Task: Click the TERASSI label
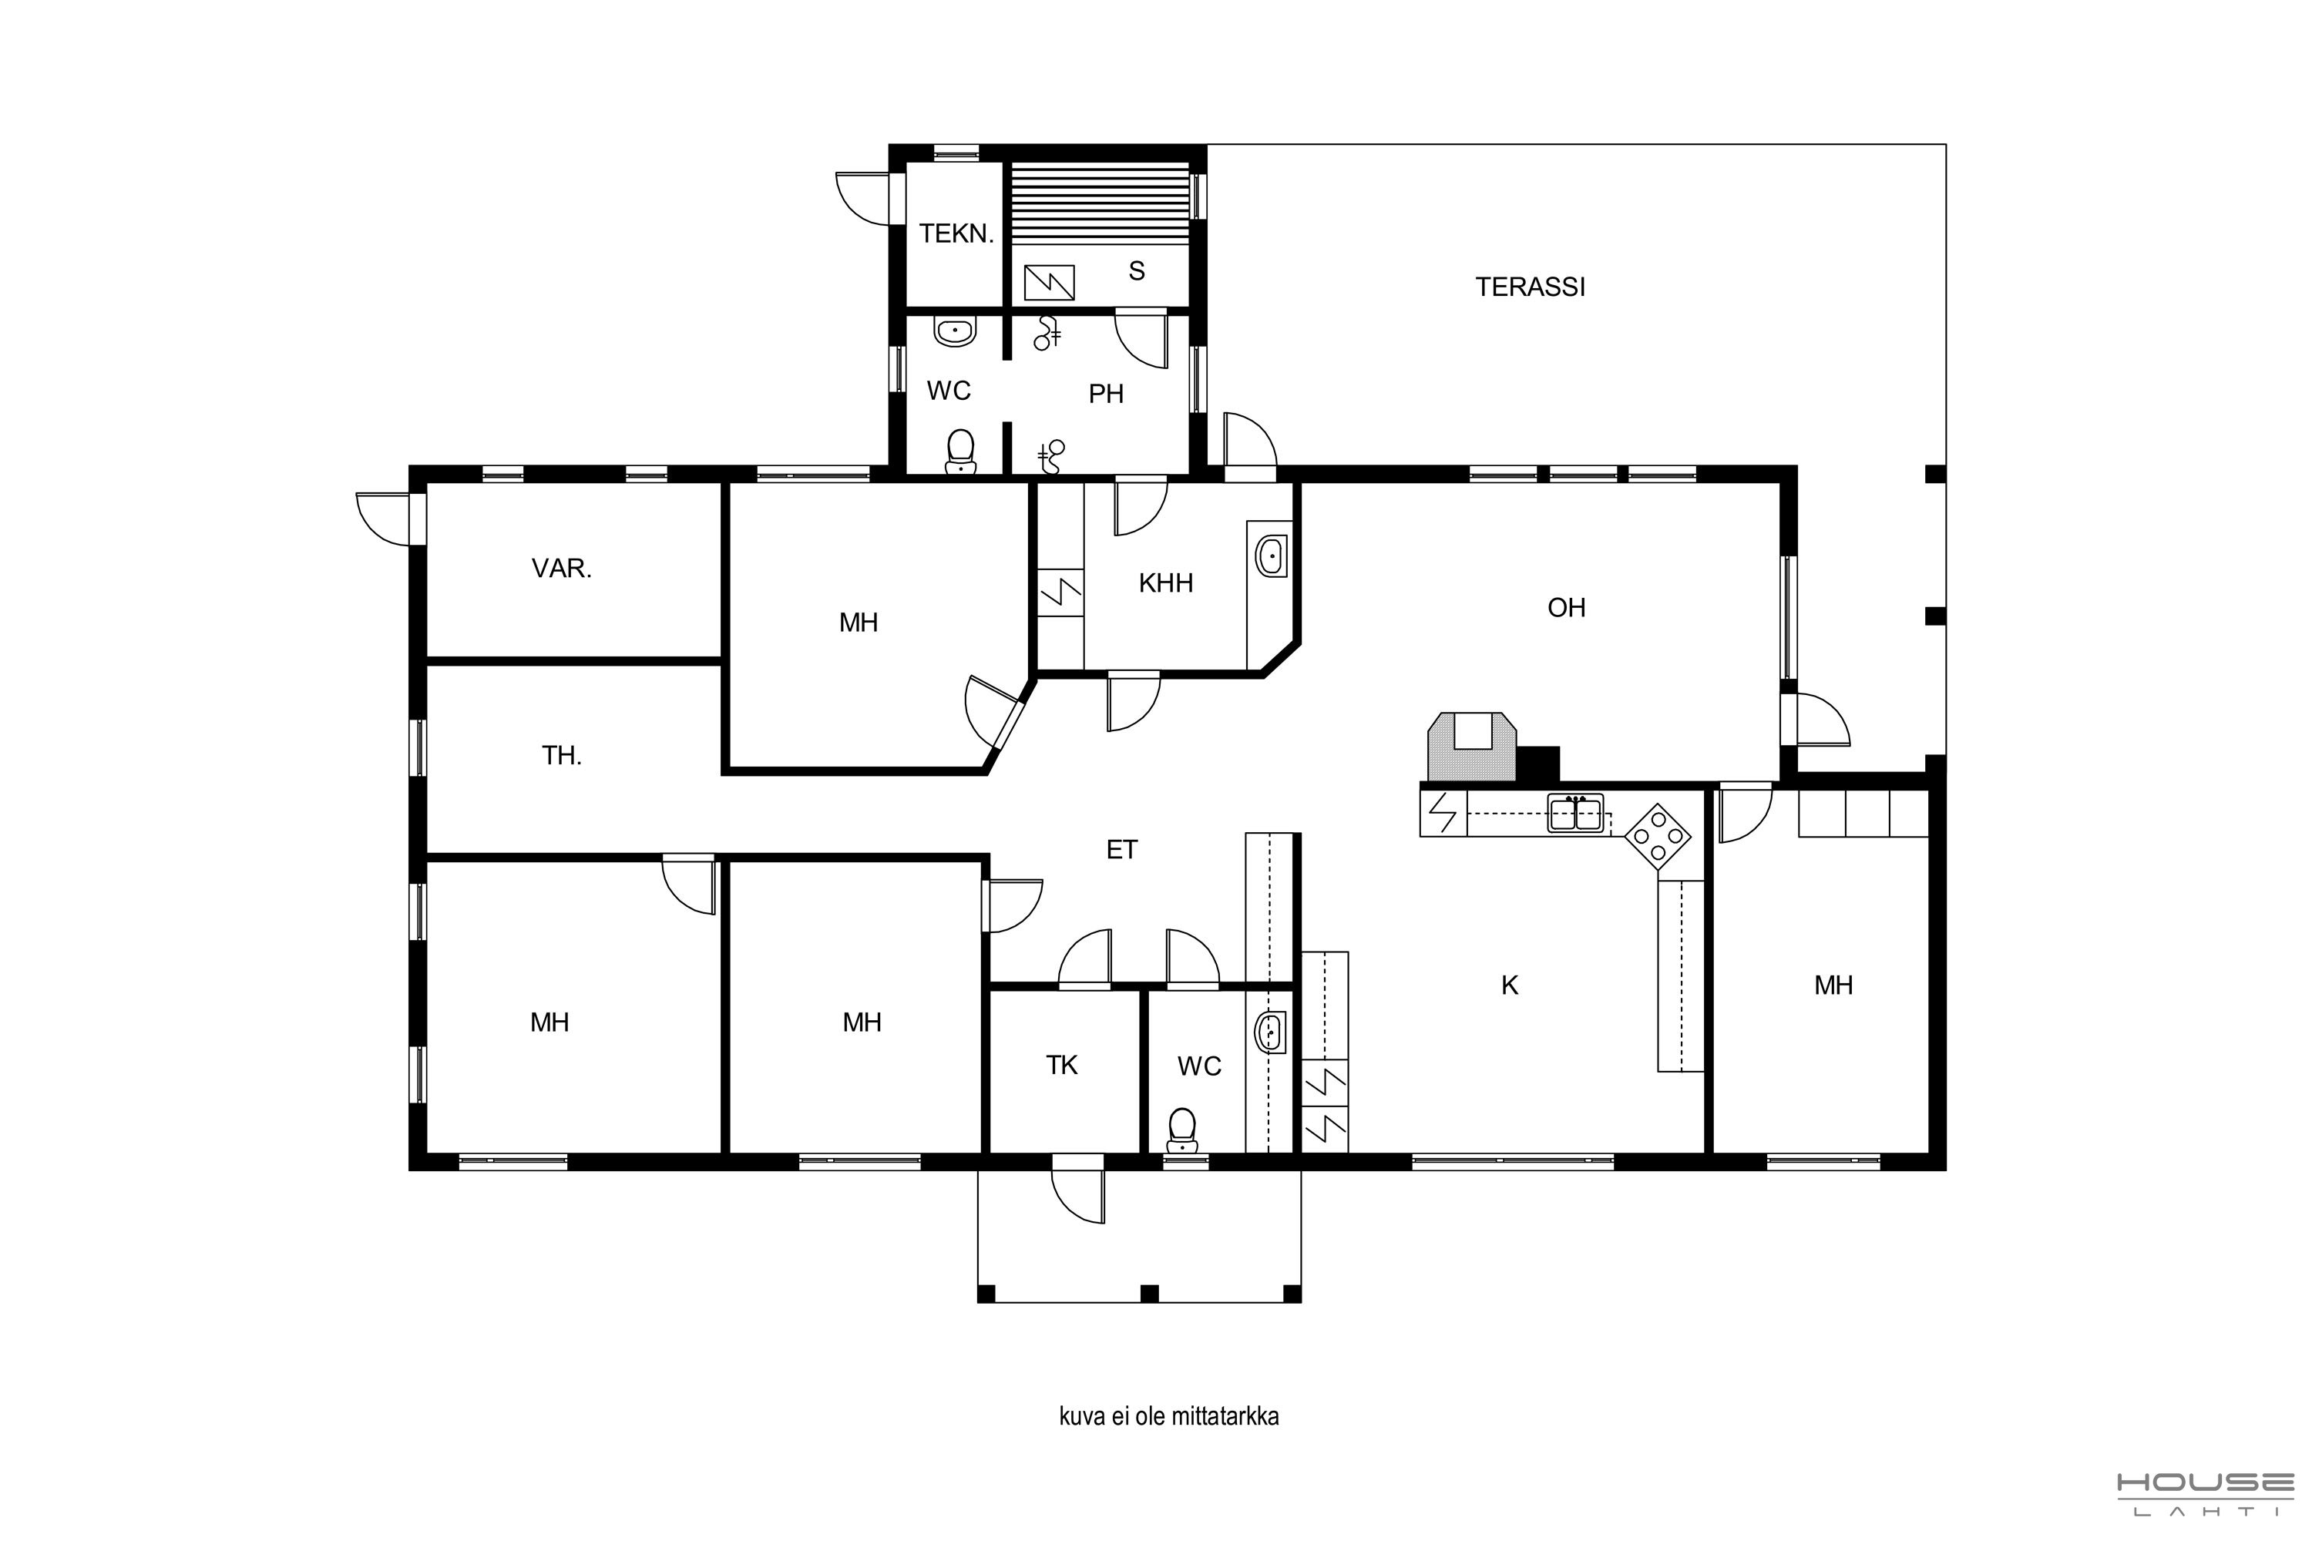pyautogui.click(x=1530, y=287)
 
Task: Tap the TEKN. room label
pyautogui.click(x=956, y=234)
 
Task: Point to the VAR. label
pyautogui.click(x=561, y=569)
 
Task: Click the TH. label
pyautogui.click(x=561, y=756)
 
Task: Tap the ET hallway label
pyautogui.click(x=1121, y=850)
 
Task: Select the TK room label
pyautogui.click(x=1062, y=1066)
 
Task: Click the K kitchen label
pyautogui.click(x=1510, y=985)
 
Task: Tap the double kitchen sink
pyautogui.click(x=1576, y=813)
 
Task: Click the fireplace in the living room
pyautogui.click(x=1473, y=747)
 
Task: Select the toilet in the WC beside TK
pyautogui.click(x=1181, y=1131)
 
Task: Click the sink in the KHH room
pyautogui.click(x=1271, y=557)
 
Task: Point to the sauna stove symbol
pyautogui.click(x=1049, y=283)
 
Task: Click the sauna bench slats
pyautogui.click(x=1100, y=203)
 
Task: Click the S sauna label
pyautogui.click(x=1138, y=271)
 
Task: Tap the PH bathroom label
pyautogui.click(x=1106, y=394)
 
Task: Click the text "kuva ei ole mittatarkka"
pyautogui.click(x=1169, y=1416)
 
